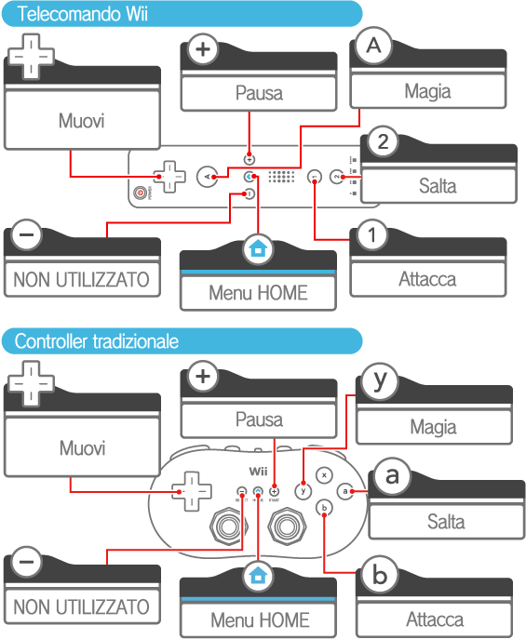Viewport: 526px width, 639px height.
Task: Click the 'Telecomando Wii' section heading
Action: coord(82,14)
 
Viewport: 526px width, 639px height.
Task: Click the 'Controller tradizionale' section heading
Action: coord(97,341)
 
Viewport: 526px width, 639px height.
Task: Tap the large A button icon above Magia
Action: coord(374,46)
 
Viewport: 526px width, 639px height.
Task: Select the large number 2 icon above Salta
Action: coord(383,141)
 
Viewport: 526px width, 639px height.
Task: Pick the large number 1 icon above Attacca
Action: coord(371,235)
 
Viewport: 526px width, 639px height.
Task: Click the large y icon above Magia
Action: coord(380,381)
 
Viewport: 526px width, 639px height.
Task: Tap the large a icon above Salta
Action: coord(392,475)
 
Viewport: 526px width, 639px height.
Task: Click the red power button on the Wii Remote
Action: coord(141,193)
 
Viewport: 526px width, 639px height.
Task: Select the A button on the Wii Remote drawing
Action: coord(207,177)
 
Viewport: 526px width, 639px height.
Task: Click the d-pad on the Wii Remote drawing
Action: coord(169,177)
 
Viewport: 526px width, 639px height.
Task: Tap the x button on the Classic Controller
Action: coord(324,475)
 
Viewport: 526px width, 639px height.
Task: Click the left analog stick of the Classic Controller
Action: coord(228,526)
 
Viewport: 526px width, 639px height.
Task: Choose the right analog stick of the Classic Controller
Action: coord(287,526)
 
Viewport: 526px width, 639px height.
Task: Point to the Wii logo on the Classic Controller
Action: coord(258,472)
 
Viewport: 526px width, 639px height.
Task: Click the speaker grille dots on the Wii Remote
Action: coord(281,177)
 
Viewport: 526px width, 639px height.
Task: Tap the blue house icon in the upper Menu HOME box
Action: coord(258,247)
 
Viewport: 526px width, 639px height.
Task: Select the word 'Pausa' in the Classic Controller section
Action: coord(259,419)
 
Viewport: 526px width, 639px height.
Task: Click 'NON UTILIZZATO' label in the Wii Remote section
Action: coord(82,280)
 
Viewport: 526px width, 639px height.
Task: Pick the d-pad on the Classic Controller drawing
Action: coord(192,491)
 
